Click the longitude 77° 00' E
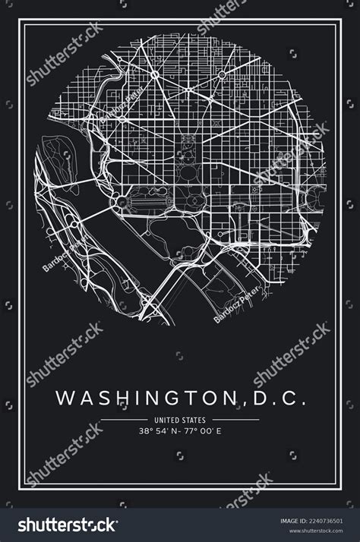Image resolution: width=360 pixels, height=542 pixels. coord(200,430)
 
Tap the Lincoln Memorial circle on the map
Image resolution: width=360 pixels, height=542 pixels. coord(121,201)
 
